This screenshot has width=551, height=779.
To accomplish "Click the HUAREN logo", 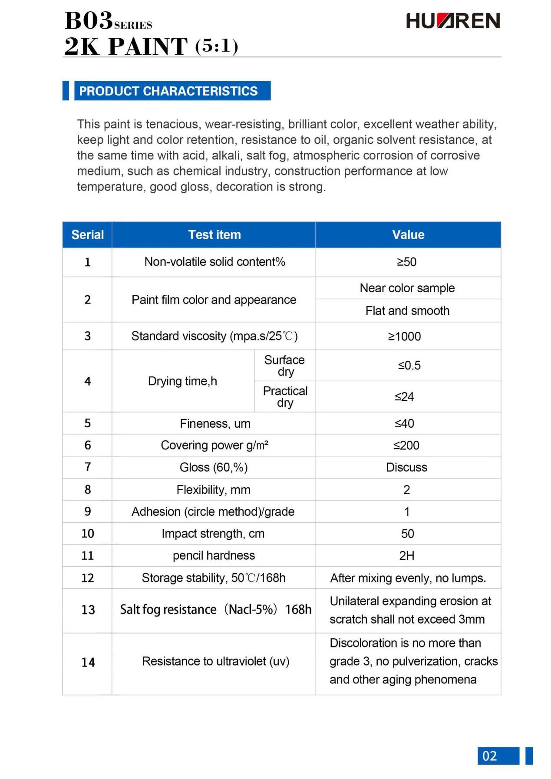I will (452, 21).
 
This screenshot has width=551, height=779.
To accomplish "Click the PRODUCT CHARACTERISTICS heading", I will (168, 91).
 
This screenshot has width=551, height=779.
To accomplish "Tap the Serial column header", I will (87, 235).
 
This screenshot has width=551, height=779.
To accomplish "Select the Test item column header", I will (214, 235).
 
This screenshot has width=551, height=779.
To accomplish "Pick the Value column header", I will (408, 235).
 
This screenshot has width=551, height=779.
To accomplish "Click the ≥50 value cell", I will (407, 262).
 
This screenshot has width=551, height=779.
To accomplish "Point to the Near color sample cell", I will (407, 288).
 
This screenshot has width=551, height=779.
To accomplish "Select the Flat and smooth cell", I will (407, 311).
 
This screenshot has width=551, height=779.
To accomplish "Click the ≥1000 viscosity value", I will (404, 337).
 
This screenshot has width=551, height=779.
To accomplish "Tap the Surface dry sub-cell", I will (285, 366).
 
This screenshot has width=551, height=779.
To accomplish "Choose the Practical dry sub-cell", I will (285, 397).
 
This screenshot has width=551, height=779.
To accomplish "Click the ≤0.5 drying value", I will (409, 366).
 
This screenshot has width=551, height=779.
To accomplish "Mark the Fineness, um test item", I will (215, 424).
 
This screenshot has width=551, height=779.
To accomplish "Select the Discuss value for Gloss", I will (407, 468).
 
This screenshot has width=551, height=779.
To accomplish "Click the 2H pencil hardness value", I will (407, 556).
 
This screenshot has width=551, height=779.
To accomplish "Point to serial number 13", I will (88, 610).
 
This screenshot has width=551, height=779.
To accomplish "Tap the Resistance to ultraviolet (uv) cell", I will (215, 661).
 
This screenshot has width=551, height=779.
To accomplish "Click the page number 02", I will (490, 756).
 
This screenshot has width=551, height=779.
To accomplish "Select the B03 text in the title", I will (89, 20).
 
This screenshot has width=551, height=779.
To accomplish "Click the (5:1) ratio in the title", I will (217, 46).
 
